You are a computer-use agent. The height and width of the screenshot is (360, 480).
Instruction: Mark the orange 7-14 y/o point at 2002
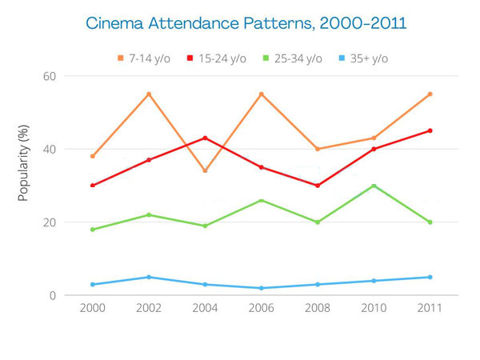149,94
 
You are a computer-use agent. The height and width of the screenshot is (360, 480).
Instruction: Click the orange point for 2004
205,170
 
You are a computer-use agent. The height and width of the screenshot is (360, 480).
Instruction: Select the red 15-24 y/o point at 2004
205,138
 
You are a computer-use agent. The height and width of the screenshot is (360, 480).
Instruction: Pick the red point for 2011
430,130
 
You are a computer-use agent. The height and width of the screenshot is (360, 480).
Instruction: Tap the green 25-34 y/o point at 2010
374,186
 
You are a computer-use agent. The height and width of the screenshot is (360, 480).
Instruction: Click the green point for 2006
261,200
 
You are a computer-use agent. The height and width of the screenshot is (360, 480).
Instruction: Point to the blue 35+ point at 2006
261,288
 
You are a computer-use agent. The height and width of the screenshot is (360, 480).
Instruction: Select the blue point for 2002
149,277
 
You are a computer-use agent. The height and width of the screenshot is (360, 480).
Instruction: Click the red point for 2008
318,186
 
